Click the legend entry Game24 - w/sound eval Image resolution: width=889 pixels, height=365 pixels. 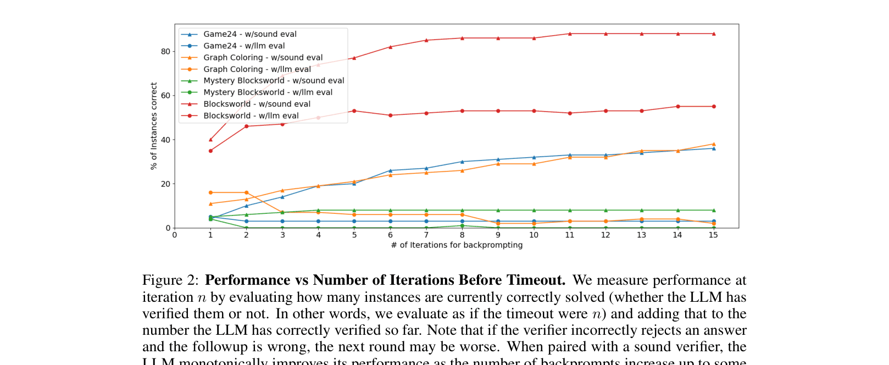(250, 34)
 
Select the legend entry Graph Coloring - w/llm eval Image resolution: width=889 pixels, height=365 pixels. (257, 69)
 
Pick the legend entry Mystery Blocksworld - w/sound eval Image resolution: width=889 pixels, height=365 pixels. (274, 81)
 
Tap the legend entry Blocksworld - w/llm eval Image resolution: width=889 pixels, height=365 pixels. (251, 116)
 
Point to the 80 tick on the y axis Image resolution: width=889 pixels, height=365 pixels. (165, 52)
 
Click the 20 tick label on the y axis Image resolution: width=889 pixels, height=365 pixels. (165, 184)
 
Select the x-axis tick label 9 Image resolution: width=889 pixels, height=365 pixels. (498, 235)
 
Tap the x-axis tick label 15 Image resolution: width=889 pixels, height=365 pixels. (713, 235)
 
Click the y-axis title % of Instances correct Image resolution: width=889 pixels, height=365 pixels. (154, 126)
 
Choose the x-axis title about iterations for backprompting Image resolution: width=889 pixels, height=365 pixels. (457, 245)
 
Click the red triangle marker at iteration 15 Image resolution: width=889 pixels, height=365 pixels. (714, 34)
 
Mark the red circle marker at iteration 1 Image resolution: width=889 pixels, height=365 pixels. (210, 151)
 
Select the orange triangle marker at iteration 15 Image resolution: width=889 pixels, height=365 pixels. (714, 144)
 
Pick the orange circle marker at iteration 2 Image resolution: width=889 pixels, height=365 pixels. (246, 193)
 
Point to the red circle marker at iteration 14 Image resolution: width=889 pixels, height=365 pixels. (678, 107)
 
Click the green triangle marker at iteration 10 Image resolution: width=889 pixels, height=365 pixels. (534, 211)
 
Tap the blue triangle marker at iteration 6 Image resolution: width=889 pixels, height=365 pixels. (390, 170)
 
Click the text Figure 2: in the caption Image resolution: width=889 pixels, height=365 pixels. (170, 280)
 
